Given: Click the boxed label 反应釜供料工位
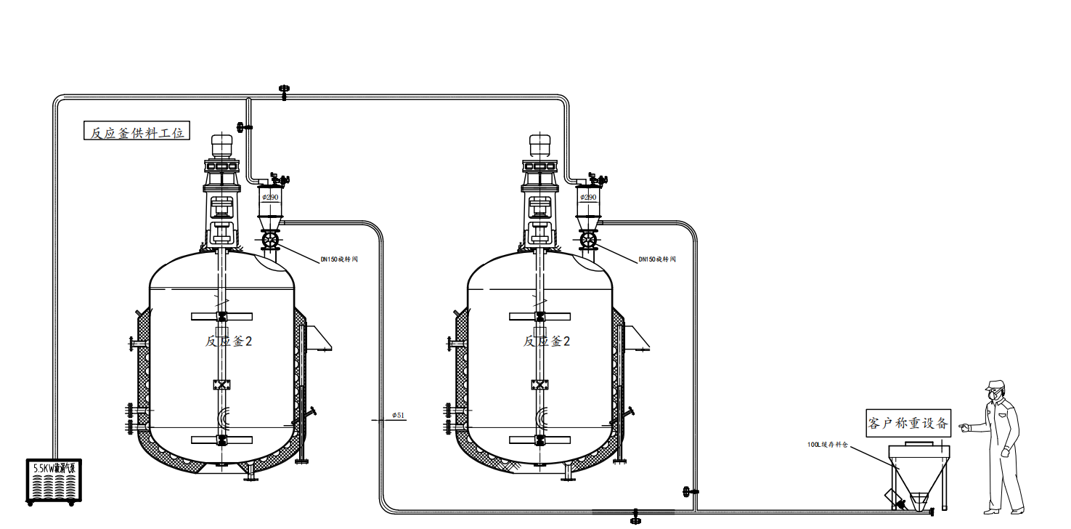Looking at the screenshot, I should [137, 132].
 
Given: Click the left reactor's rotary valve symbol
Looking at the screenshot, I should [271, 240].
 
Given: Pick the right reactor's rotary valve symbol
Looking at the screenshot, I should [588, 240].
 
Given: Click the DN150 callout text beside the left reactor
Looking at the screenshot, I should [340, 259].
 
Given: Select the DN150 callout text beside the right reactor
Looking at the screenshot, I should [657, 259].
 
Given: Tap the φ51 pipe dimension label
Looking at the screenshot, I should [399, 415].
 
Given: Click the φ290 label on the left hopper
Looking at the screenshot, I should [271, 197].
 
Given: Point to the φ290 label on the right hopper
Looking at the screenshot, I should [588, 197].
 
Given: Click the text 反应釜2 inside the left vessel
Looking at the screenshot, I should [229, 341].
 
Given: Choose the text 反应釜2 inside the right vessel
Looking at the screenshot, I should [547, 341].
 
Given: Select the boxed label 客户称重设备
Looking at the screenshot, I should [908, 423].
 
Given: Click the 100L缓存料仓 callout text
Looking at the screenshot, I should [827, 444].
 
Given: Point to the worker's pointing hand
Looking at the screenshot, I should [964, 427].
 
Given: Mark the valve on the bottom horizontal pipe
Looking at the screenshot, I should [636, 515].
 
